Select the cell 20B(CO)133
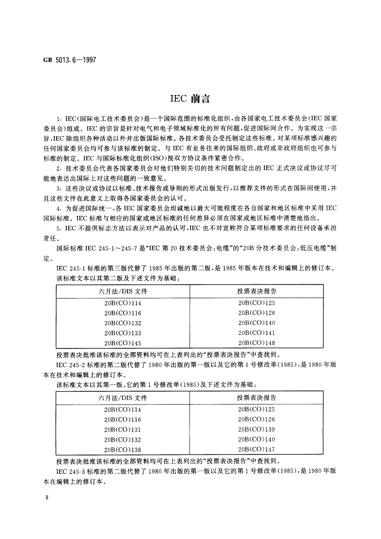[x=123, y=333]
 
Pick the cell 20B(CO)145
[x=123, y=343]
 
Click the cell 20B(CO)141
[x=256, y=333]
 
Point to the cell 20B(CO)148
[x=256, y=343]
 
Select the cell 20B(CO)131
[x=123, y=429]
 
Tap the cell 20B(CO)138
[x=123, y=449]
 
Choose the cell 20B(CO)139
[x=256, y=429]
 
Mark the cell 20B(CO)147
[x=256, y=449]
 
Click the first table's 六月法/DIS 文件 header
[x=123, y=291]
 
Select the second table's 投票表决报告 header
[x=256, y=398]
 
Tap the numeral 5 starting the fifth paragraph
[x=59, y=228]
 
